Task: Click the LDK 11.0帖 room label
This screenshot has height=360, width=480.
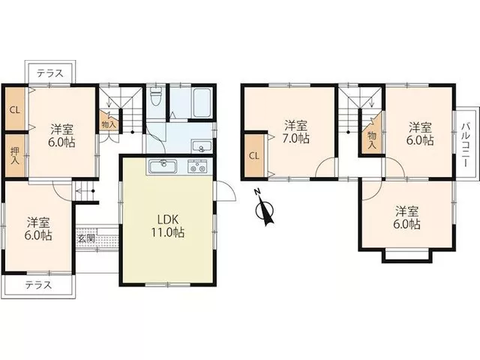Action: pyautogui.click(x=166, y=226)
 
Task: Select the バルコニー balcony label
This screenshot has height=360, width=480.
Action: pyautogui.click(x=466, y=144)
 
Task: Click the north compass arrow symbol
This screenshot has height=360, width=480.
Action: pyautogui.click(x=264, y=208)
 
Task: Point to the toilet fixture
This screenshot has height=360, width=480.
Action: pyautogui.click(x=156, y=95)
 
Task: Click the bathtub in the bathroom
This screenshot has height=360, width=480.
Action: pyautogui.click(x=202, y=103)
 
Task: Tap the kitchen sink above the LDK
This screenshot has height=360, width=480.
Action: pyautogui.click(x=163, y=167)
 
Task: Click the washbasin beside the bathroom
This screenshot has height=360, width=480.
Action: pyautogui.click(x=201, y=147)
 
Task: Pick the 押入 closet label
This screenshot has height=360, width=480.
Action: pyautogui.click(x=15, y=155)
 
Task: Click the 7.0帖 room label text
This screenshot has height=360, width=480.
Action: pyautogui.click(x=296, y=139)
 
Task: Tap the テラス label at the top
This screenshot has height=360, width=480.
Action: pyautogui.click(x=50, y=73)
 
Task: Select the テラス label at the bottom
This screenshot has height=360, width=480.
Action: pyautogui.click(x=38, y=285)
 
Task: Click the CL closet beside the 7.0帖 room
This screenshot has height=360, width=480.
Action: pyautogui.click(x=254, y=155)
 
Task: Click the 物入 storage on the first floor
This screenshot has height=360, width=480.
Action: pyautogui.click(x=109, y=121)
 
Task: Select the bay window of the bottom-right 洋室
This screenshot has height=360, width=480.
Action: pyautogui.click(x=407, y=256)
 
